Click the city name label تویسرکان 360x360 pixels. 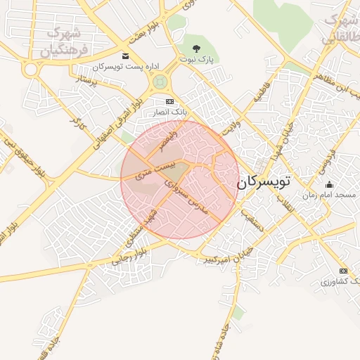263,181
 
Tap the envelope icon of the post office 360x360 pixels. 125,56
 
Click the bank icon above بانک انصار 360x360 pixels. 169,101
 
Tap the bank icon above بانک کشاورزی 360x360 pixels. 343,271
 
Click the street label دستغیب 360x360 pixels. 251,219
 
